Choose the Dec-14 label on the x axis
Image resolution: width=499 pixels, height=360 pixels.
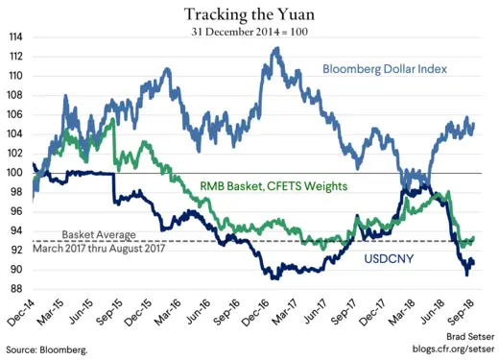tap(21, 313)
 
